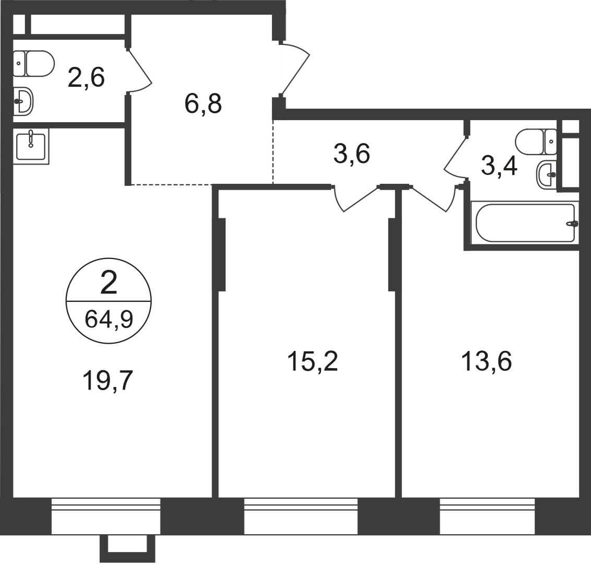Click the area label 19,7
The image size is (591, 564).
click(x=108, y=381)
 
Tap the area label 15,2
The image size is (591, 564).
click(x=312, y=361)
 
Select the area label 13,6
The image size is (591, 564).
click(x=486, y=361)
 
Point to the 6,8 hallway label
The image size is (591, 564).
click(x=203, y=104)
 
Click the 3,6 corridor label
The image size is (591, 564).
click(x=352, y=154)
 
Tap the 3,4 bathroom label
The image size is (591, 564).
click(x=499, y=166)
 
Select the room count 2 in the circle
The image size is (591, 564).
click(x=108, y=284)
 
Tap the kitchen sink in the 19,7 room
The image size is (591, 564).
click(x=31, y=146)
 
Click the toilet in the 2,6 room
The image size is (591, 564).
click(x=34, y=64)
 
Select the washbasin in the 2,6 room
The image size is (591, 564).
click(x=24, y=102)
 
